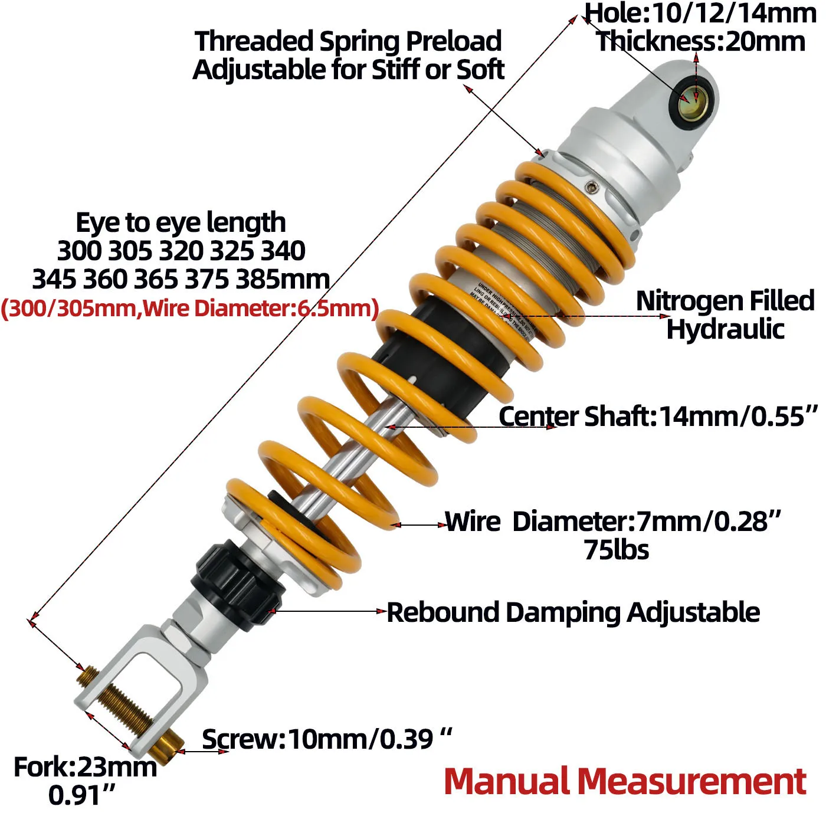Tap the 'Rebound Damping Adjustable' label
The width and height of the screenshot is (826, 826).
tap(573, 612)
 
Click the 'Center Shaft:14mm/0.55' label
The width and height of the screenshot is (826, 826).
tap(658, 417)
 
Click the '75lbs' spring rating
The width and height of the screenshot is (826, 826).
tap(616, 550)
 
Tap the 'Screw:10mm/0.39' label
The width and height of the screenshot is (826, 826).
tap(326, 739)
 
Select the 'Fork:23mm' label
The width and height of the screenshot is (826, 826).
tap(85, 768)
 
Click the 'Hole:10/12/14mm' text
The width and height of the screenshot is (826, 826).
tap(700, 13)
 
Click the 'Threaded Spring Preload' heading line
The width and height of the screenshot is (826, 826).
tap(348, 41)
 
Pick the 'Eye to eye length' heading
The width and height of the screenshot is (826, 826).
tap(181, 223)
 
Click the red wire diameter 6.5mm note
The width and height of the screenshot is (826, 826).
tap(189, 308)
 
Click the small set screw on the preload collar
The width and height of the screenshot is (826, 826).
tap(591, 188)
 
